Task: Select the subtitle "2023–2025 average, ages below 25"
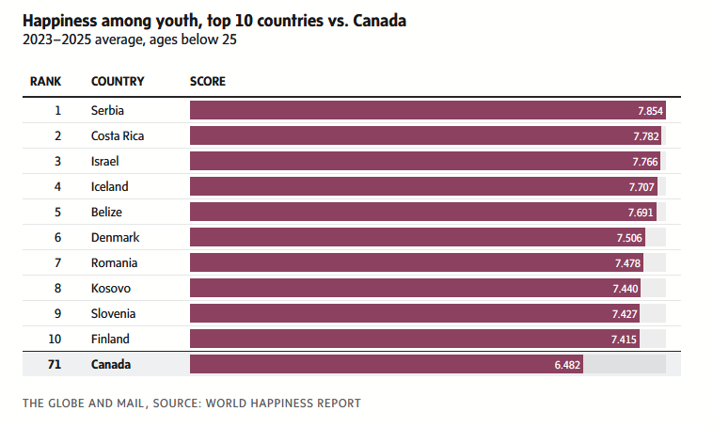tap(128, 40)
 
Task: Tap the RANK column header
tap(45, 82)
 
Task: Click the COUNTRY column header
tap(117, 82)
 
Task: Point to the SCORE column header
tap(207, 82)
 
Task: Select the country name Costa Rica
tap(118, 135)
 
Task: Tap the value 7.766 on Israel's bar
tap(644, 161)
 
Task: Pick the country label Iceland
tap(109, 186)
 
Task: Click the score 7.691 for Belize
tap(639, 212)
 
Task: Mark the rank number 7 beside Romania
tap(57, 262)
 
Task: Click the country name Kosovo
tap(111, 288)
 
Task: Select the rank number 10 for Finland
tap(55, 339)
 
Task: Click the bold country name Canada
tap(111, 364)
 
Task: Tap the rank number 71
tap(55, 364)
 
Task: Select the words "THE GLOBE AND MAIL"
tap(83, 403)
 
